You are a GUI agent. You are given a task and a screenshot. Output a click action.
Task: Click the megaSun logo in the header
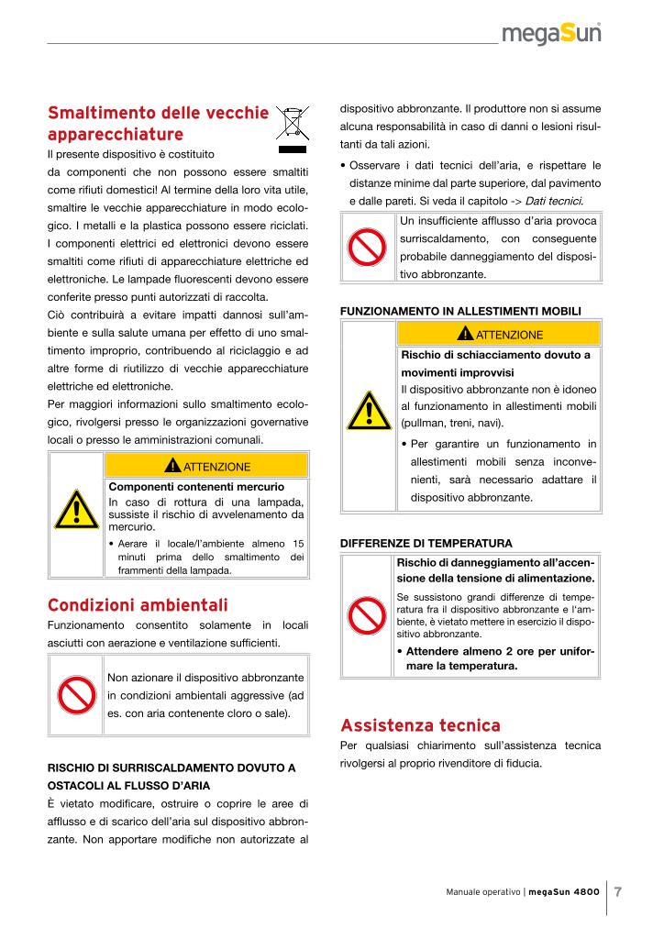(x=551, y=36)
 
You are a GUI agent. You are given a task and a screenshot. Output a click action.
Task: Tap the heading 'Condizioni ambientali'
(x=138, y=605)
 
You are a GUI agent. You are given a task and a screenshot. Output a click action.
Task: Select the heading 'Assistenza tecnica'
(x=420, y=726)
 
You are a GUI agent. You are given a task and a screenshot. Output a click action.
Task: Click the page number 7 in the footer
(x=618, y=891)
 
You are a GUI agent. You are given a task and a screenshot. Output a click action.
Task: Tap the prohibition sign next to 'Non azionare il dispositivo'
(x=76, y=695)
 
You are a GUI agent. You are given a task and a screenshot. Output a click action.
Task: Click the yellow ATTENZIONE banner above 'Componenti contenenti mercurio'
(x=206, y=467)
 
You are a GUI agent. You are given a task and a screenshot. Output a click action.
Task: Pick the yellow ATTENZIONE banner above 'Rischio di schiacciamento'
(x=499, y=334)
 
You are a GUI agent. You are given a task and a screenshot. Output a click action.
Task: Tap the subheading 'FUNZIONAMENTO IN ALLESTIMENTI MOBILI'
(x=460, y=312)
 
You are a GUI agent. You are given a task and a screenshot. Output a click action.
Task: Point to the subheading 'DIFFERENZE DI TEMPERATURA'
(x=426, y=543)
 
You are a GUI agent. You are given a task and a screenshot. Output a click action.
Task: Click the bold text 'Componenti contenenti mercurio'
(x=196, y=486)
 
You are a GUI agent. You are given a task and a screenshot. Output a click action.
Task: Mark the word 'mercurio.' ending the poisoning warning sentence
(x=132, y=528)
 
